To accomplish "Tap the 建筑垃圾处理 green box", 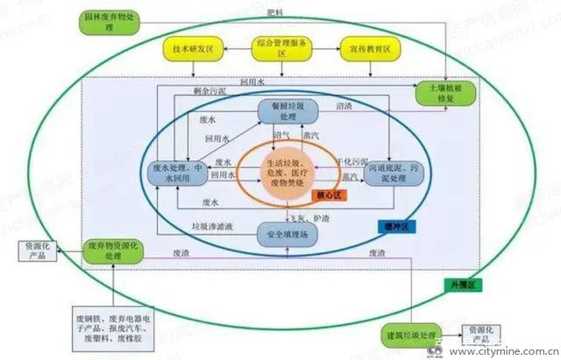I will point(413,335).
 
